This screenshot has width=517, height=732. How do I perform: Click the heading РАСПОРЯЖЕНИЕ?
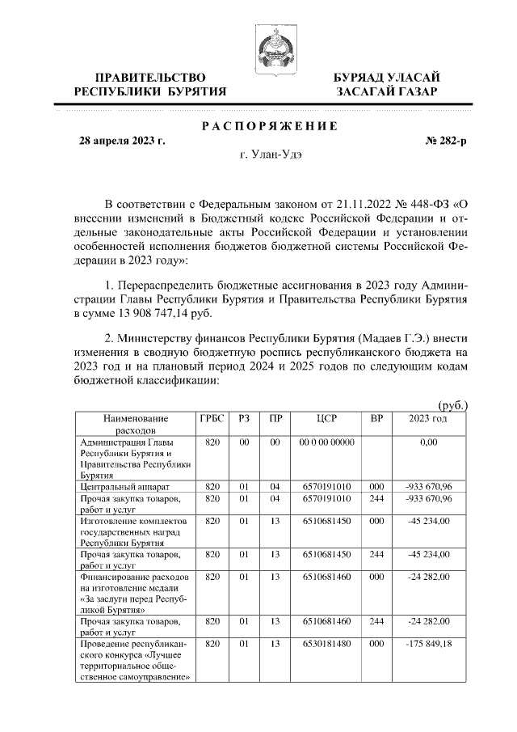[x=269, y=126]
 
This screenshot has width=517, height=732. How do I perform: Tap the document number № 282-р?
[x=443, y=141]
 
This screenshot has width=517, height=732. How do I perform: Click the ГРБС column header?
[x=212, y=419]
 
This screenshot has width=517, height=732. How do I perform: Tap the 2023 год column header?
[x=428, y=419]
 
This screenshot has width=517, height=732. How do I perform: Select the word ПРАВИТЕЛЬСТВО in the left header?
[x=150, y=77]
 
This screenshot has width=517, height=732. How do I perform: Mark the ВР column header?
[x=376, y=419]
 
